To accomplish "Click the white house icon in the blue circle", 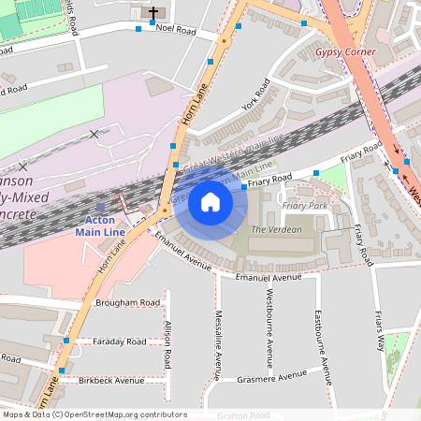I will click(210, 201).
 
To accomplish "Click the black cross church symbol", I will click(153, 13).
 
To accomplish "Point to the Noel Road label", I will click(176, 30).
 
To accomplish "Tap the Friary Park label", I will click(305, 205).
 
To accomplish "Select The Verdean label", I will click(277, 229).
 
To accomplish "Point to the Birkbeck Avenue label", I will click(111, 381).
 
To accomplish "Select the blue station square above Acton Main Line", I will click(101, 207).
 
